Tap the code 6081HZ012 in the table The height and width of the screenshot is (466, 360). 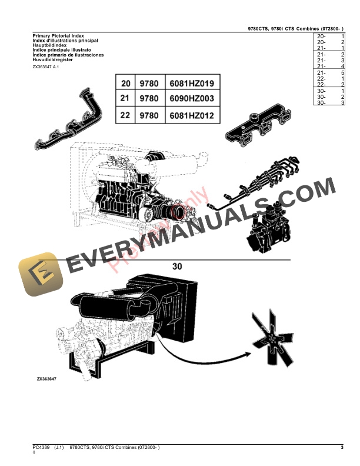click(194, 115)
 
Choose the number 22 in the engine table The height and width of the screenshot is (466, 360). click(125, 115)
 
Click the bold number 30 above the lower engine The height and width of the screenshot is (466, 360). click(177, 266)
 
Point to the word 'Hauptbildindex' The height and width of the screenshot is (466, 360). click(51, 45)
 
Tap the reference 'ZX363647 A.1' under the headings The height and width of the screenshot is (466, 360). click(46, 68)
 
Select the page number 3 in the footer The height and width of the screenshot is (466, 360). click(342, 448)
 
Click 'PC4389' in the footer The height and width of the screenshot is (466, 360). click(41, 448)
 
